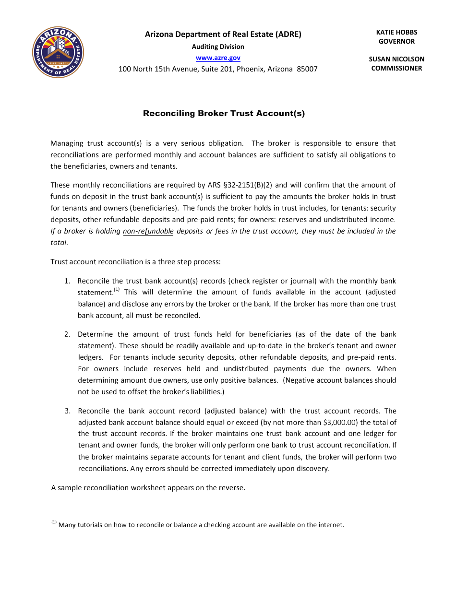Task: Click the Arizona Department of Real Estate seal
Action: click(x=58, y=52)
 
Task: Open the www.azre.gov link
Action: click(x=218, y=58)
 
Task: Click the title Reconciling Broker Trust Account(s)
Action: click(x=224, y=113)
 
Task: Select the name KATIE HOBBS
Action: click(x=396, y=32)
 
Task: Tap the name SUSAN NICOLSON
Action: click(x=396, y=59)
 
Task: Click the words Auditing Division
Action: click(x=218, y=47)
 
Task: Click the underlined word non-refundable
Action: click(x=148, y=231)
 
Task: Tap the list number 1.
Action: click(x=67, y=281)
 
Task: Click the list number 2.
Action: click(x=67, y=334)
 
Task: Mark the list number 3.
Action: click(x=67, y=411)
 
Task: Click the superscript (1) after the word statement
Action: click(x=117, y=290)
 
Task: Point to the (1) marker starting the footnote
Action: click(x=54, y=522)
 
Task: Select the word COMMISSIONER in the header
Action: click(x=396, y=68)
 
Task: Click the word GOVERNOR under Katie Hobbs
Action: click(x=396, y=41)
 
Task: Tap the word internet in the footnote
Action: click(x=331, y=525)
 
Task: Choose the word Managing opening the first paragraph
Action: click(x=67, y=143)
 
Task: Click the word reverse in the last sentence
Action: click(x=232, y=488)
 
